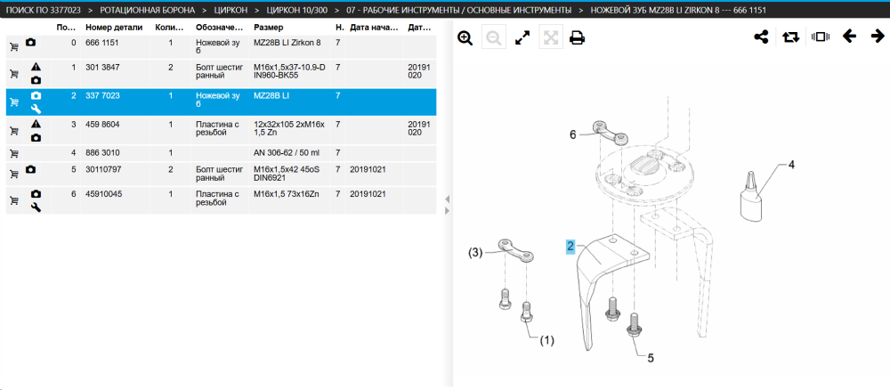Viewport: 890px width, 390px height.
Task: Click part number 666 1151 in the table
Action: coord(102,43)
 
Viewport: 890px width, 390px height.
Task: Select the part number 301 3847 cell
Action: coord(102,67)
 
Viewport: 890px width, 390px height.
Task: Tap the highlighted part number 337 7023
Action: coord(102,95)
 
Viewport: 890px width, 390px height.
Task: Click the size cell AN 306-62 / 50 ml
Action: coord(286,153)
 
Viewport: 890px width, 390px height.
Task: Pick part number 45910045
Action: coord(104,193)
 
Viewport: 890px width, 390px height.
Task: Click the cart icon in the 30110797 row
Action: coord(14,170)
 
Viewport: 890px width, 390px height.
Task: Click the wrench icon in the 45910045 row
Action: coord(36,207)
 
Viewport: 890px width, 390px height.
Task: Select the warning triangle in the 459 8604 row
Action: coord(36,123)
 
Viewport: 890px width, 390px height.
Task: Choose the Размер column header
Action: coord(269,28)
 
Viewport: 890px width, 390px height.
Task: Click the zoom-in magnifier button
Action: coord(465,38)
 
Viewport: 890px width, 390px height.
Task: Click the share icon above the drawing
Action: coord(761,37)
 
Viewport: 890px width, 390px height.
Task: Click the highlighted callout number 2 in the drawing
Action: coord(570,247)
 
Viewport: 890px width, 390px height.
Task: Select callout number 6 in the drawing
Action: coord(572,134)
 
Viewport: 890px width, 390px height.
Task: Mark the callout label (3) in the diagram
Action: coord(475,253)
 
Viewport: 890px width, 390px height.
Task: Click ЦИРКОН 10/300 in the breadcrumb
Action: coord(295,10)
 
